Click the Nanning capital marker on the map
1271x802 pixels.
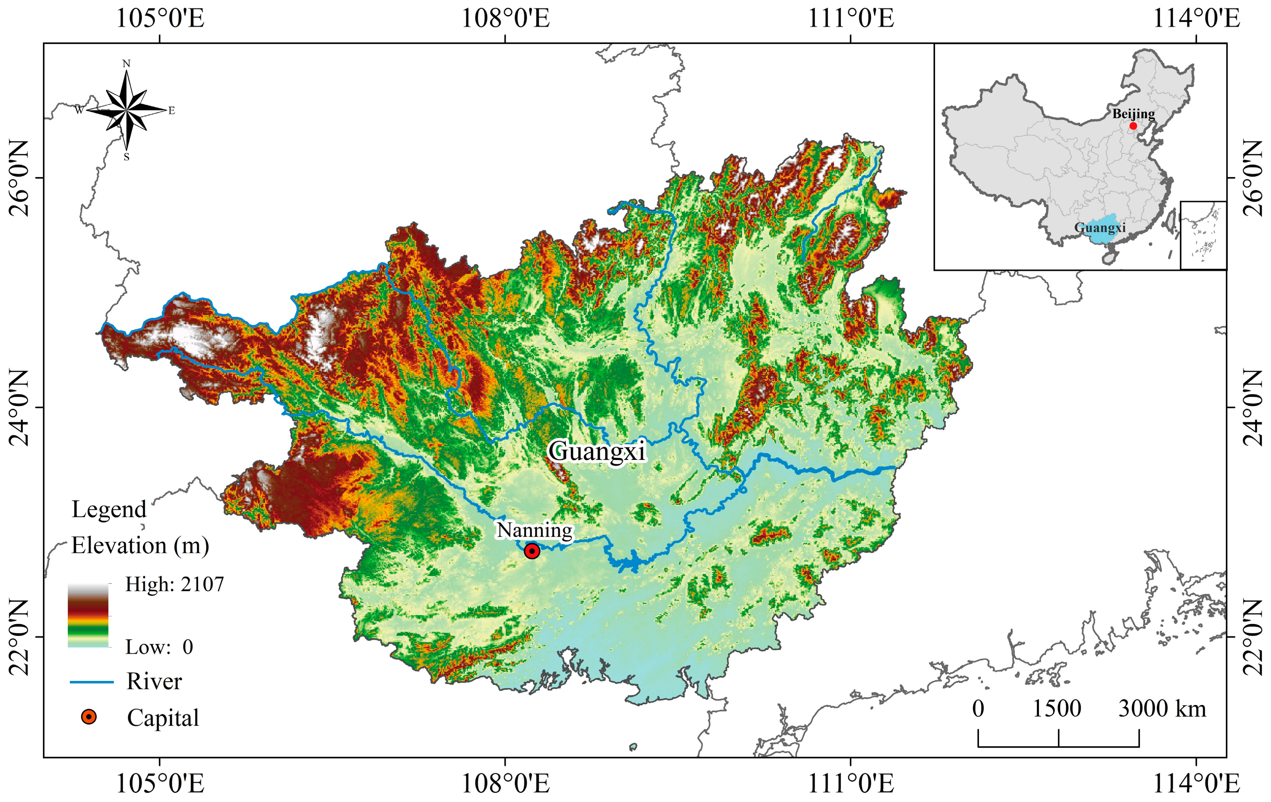(x=532, y=551)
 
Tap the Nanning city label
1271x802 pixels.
(x=534, y=530)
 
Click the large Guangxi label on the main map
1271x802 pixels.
(x=596, y=452)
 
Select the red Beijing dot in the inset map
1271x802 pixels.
(x=1133, y=126)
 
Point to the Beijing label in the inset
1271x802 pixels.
(x=1133, y=114)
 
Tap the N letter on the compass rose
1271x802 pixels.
(x=126, y=64)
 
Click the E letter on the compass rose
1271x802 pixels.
(x=172, y=111)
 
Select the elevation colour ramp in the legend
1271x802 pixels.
(x=88, y=616)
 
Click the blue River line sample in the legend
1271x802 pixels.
(x=92, y=682)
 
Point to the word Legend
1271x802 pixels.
(x=109, y=510)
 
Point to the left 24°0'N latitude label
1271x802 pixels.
(x=19, y=408)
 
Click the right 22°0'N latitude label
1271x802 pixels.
(x=1252, y=637)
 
